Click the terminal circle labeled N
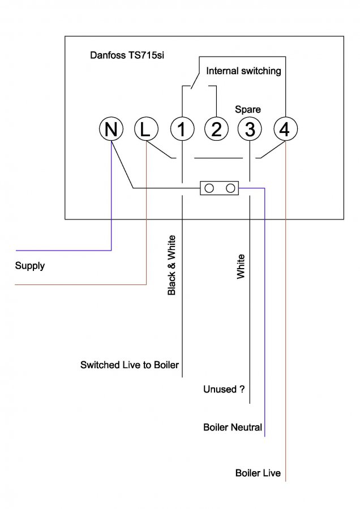(112, 130)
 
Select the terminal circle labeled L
(146, 130)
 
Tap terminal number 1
(182, 130)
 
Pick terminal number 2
(216, 130)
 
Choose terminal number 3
(250, 130)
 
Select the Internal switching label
(243, 71)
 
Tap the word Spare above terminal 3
(248, 109)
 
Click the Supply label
(30, 266)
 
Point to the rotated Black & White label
(172, 265)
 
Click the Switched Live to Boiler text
(130, 365)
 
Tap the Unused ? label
(224, 390)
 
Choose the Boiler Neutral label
(233, 427)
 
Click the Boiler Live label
(258, 473)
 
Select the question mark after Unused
(242, 390)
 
